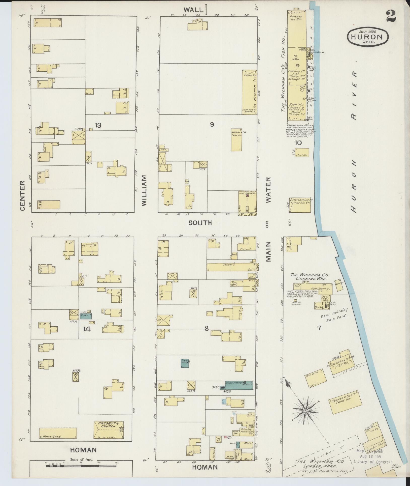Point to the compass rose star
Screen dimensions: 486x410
[x=305, y=411]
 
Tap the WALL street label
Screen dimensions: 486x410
[x=193, y=10]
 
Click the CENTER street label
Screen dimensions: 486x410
[x=22, y=195]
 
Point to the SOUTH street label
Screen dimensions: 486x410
[x=200, y=223]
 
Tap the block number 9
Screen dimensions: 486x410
[x=212, y=124]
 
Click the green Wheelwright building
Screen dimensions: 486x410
[x=185, y=363]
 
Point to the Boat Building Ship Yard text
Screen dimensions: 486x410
[x=334, y=315]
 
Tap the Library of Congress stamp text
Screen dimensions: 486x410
[x=373, y=462]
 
